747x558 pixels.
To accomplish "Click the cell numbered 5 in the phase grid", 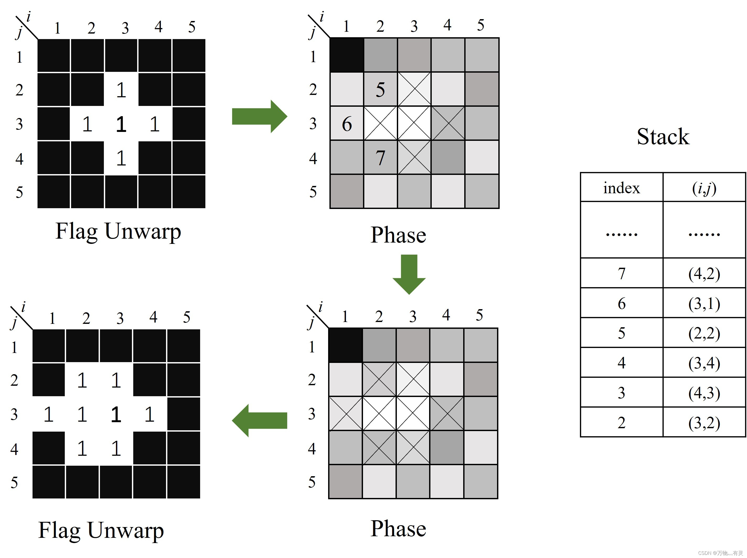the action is (380, 89).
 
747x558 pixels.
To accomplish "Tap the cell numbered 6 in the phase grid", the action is (347, 124).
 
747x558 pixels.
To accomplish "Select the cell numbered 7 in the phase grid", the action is (380, 158).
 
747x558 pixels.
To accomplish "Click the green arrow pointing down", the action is (409, 274).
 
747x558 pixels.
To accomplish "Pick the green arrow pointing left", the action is (259, 420).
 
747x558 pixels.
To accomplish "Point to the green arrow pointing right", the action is (259, 116).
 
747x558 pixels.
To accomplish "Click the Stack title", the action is (663, 137).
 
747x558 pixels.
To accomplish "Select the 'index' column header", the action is (621, 188).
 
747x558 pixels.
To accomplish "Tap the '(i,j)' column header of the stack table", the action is (704, 188).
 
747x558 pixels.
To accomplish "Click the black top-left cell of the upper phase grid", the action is (346, 55).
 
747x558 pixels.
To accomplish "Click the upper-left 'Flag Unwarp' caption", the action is (118, 232).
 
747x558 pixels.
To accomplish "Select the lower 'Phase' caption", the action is (398, 528).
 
